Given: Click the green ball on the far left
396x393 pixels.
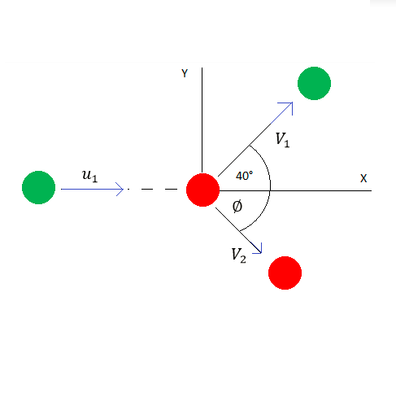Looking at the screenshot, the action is coord(38,187).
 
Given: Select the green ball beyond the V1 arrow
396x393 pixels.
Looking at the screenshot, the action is coord(314,83).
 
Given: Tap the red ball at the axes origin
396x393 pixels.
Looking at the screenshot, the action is coord(202,190).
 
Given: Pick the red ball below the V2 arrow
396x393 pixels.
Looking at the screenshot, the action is coord(285,273).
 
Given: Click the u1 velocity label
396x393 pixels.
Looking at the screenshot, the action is coord(89,176).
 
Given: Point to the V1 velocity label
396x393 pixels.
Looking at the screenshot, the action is coord(282,140).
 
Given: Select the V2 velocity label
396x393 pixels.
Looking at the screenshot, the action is coord(239,255).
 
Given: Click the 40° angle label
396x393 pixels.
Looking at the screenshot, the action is coord(244,176).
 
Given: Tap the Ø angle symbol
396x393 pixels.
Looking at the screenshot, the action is coord(237,207).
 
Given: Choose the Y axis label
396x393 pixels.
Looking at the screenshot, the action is coord(185,73).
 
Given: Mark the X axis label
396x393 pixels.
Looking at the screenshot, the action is coord(363,178).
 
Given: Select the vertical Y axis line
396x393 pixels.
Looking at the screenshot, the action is coord(202,120).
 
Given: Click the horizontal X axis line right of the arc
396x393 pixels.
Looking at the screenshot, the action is coord(321,190).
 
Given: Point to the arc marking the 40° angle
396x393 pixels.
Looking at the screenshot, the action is coord(265,166).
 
